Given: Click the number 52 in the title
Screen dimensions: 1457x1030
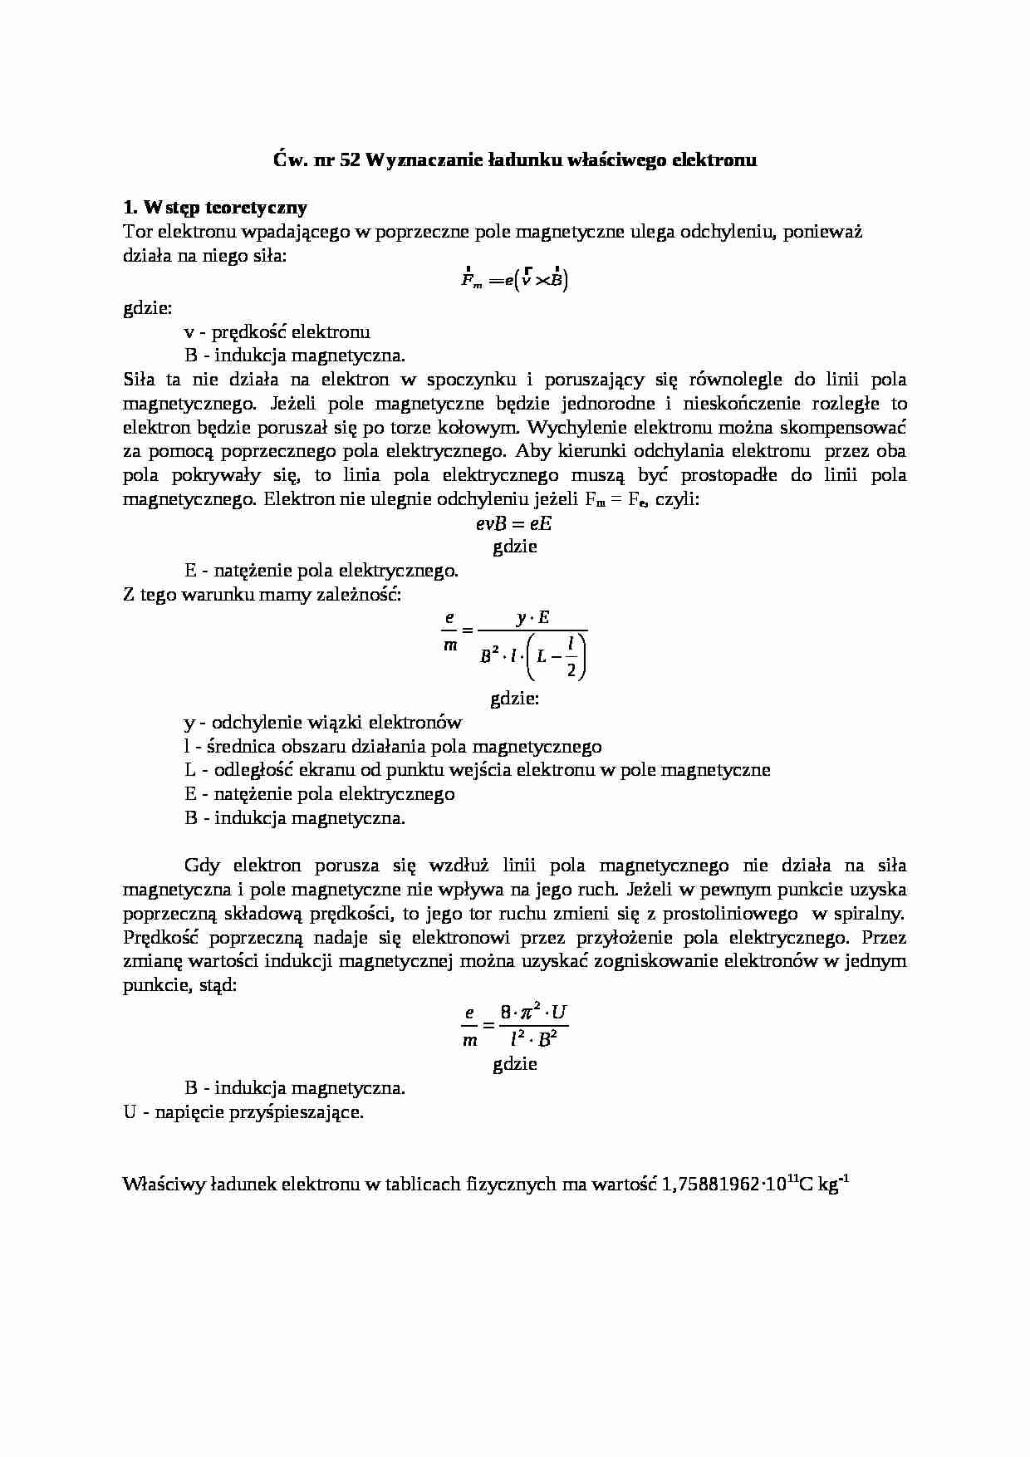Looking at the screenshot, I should (350, 159).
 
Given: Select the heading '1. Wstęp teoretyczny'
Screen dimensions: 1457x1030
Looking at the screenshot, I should (214, 208).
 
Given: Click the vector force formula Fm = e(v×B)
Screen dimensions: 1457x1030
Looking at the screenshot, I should (515, 281).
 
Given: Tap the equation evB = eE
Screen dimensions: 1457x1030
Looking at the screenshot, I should (514, 523).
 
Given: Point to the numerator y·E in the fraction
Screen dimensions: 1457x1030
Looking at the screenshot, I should (532, 617).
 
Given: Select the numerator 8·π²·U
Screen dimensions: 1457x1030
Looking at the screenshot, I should (533, 1013).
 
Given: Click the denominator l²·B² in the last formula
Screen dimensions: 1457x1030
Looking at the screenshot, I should (533, 1039).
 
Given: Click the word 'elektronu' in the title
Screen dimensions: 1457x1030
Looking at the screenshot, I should (719, 159).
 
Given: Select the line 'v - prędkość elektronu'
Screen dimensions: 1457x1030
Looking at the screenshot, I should (277, 332).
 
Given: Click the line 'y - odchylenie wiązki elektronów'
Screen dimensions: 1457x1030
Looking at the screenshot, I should (322, 723).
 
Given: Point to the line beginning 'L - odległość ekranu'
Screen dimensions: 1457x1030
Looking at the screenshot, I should (477, 770).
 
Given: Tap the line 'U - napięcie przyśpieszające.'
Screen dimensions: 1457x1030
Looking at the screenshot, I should (243, 1112).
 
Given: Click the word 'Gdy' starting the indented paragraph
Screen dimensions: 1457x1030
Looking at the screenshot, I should (202, 866).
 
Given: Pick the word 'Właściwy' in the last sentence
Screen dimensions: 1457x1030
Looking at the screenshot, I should (155, 1185).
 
